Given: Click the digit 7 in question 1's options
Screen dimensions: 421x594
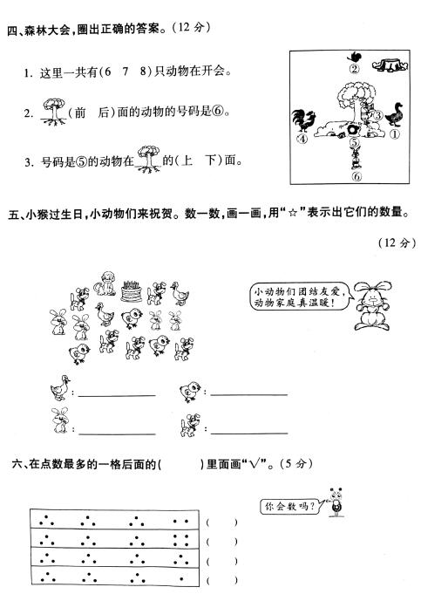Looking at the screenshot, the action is click(x=126, y=72).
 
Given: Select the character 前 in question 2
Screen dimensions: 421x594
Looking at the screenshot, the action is click(x=80, y=113).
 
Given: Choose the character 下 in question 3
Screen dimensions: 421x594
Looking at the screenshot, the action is click(x=211, y=160).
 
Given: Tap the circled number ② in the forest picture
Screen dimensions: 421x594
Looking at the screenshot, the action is click(x=355, y=69).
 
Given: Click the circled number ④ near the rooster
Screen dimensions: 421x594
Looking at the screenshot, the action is click(x=302, y=139).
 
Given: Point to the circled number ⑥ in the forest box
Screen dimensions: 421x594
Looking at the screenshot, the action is click(x=356, y=176).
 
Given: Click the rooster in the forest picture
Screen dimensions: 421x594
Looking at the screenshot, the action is click(x=303, y=120).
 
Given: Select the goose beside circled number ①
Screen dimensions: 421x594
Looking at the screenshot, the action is click(x=395, y=114).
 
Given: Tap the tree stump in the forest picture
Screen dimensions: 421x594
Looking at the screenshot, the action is click(x=390, y=65).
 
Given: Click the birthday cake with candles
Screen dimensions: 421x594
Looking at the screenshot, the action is click(x=131, y=291).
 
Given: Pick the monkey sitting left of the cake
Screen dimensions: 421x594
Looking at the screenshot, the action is click(x=105, y=283).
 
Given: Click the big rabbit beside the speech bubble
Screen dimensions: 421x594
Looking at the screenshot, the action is click(x=373, y=305).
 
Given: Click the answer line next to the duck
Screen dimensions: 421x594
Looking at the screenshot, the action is click(x=117, y=395).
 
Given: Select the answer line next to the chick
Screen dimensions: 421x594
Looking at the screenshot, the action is click(x=249, y=395).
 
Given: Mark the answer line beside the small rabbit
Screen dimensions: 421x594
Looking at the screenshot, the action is click(x=117, y=433).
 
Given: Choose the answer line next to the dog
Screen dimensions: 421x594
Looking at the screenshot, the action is click(x=249, y=433).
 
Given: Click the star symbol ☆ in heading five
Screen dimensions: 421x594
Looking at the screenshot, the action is click(x=292, y=214).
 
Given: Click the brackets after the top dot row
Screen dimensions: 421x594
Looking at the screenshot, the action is click(x=222, y=522).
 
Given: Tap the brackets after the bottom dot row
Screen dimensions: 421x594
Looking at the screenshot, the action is click(x=222, y=579).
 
